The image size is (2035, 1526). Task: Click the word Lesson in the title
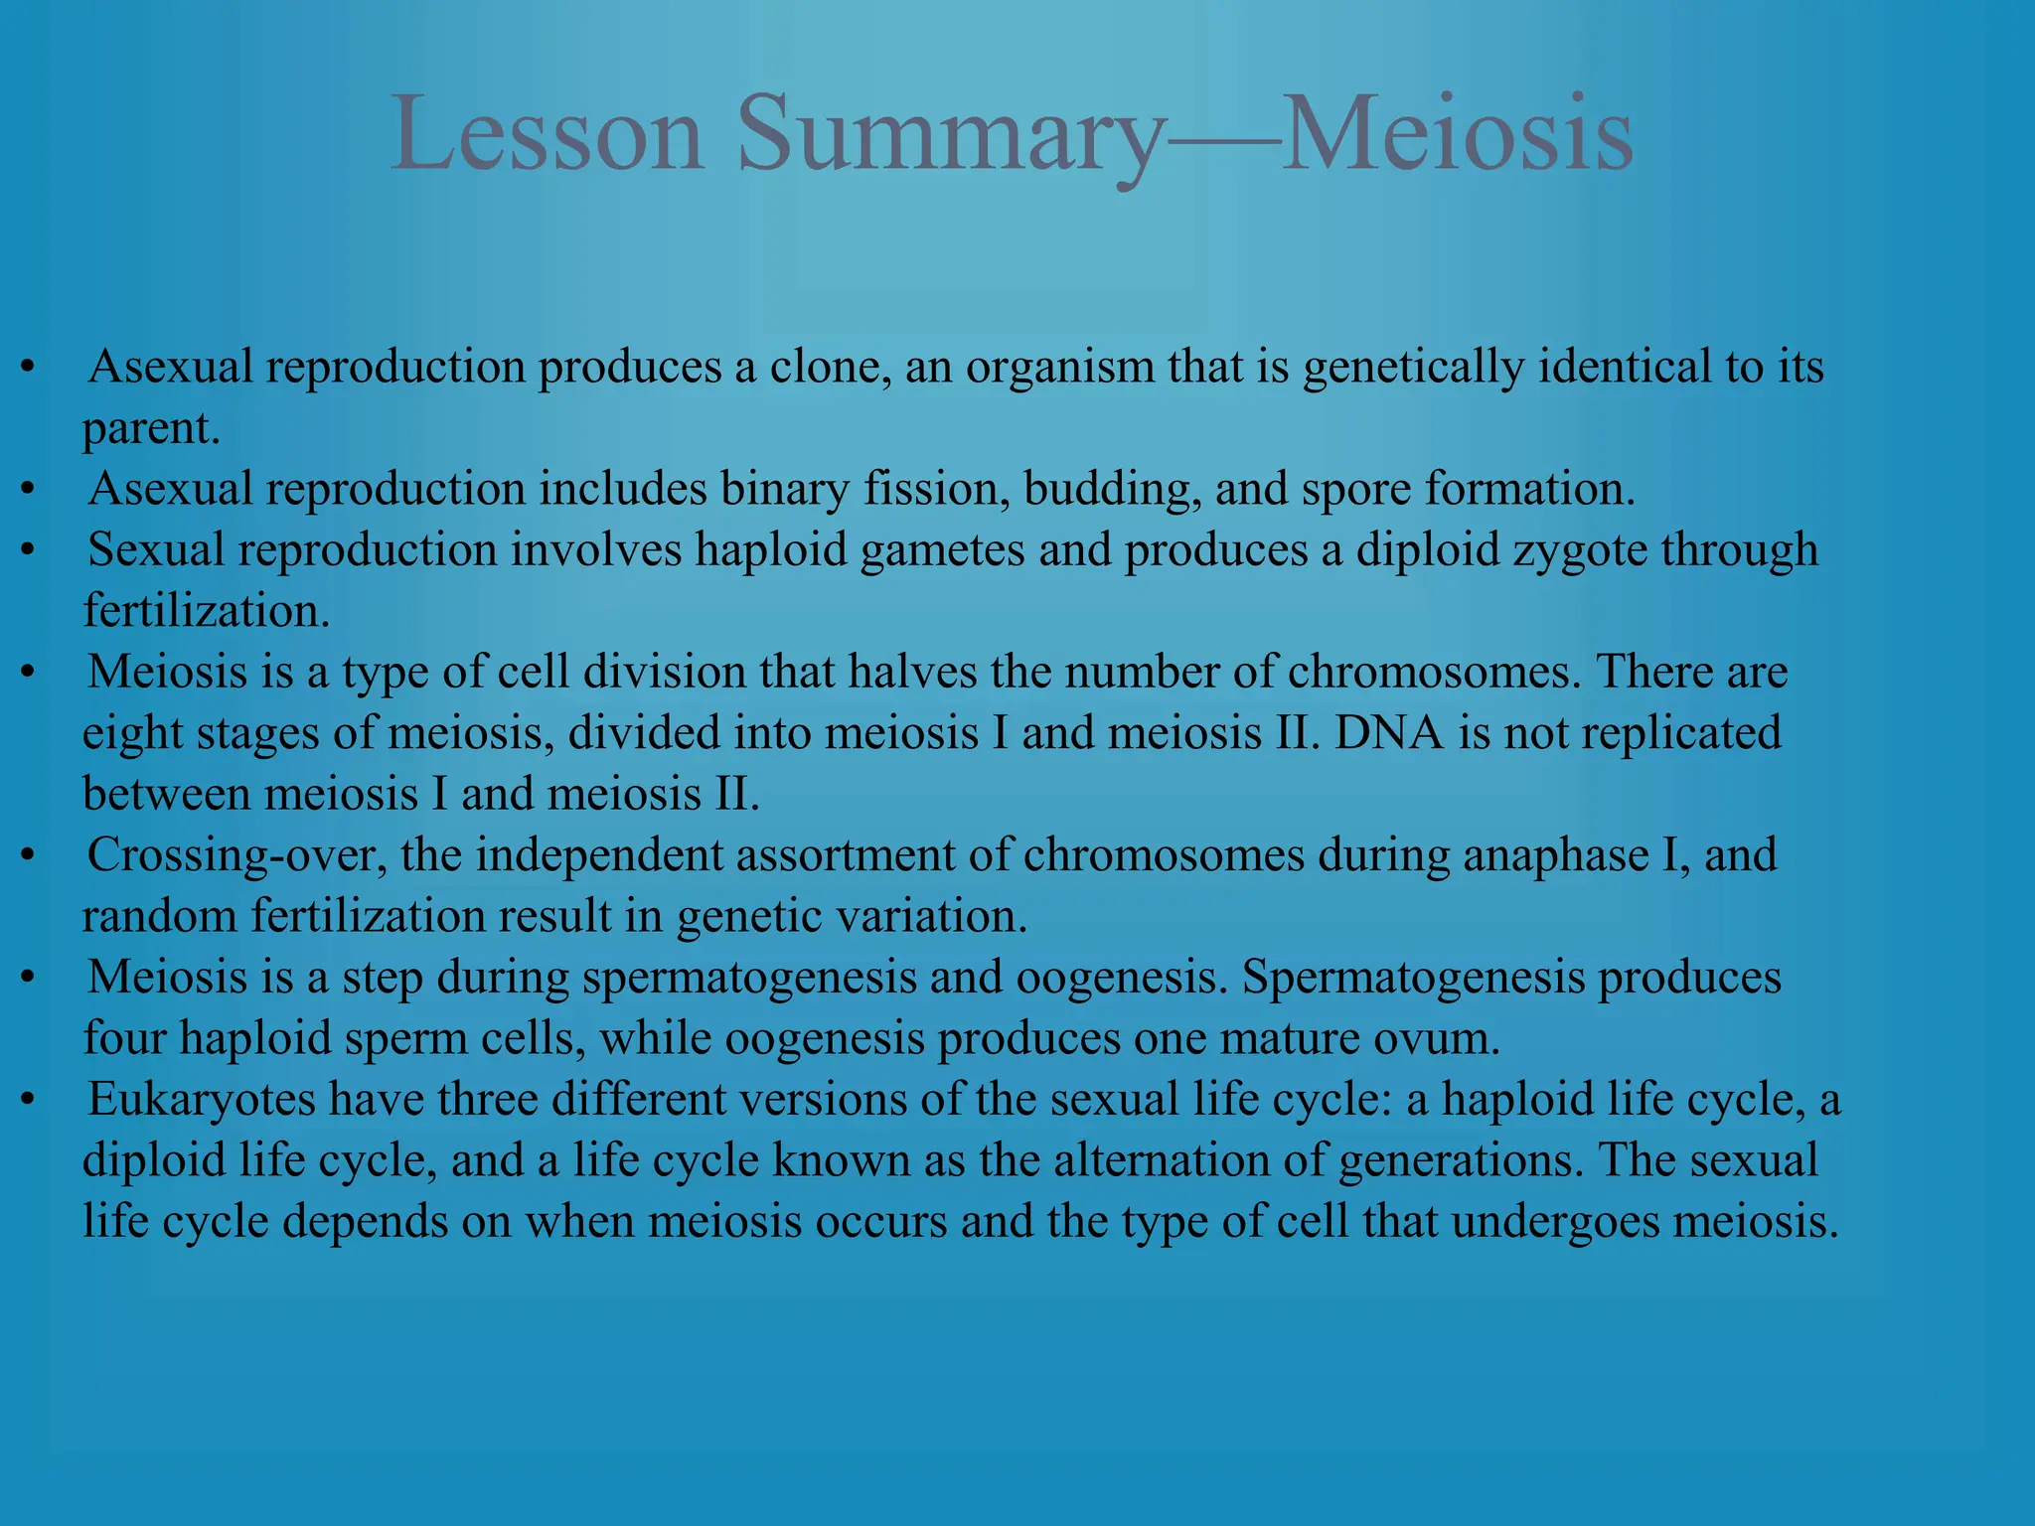pos(548,134)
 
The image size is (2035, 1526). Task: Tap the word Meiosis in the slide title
pos(1457,134)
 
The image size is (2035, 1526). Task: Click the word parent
pos(149,429)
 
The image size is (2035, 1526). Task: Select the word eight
pos(132,734)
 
